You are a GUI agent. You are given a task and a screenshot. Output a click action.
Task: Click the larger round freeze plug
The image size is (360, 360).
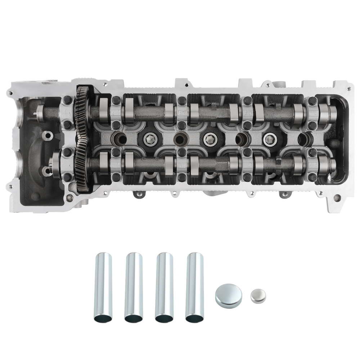(228, 295)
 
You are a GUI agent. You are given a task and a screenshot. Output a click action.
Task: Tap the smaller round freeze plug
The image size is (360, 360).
(258, 296)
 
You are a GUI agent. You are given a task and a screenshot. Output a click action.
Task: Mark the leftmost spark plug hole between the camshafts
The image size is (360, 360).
(119, 138)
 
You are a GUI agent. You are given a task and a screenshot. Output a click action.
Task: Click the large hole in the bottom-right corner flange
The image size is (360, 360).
(336, 198)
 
